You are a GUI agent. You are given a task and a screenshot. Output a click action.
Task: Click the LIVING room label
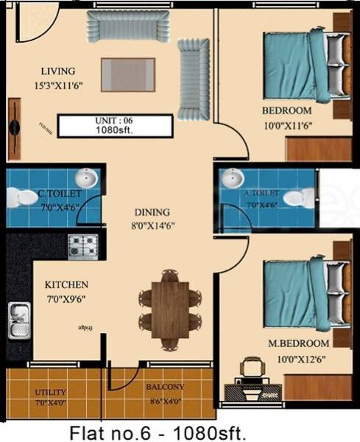[x=58, y=71]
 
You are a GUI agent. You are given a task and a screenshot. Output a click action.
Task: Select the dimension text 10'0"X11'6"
[x=288, y=125]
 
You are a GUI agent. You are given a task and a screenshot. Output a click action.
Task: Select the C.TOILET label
[x=59, y=193]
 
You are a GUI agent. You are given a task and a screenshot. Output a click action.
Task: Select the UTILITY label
[x=51, y=393]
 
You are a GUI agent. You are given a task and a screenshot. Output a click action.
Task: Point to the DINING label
[x=152, y=211]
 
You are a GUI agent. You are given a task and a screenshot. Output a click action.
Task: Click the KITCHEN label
[x=66, y=284]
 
